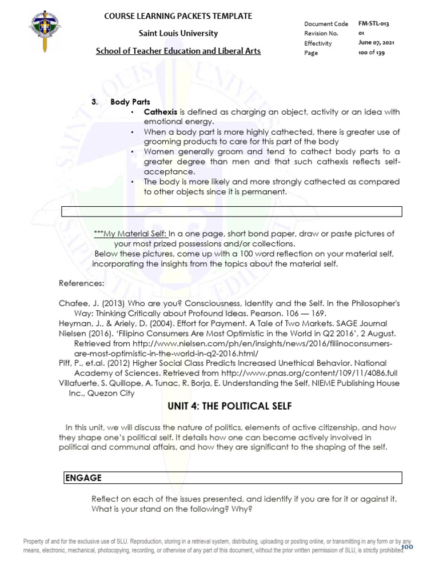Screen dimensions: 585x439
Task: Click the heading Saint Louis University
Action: [177, 33]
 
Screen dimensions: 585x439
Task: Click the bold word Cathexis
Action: [161, 112]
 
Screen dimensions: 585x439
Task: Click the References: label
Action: [82, 283]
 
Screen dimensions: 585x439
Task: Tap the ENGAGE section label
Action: [83, 478]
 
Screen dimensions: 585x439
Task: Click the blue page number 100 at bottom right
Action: [407, 547]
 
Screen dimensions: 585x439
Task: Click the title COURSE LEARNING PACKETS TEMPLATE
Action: [178, 16]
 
